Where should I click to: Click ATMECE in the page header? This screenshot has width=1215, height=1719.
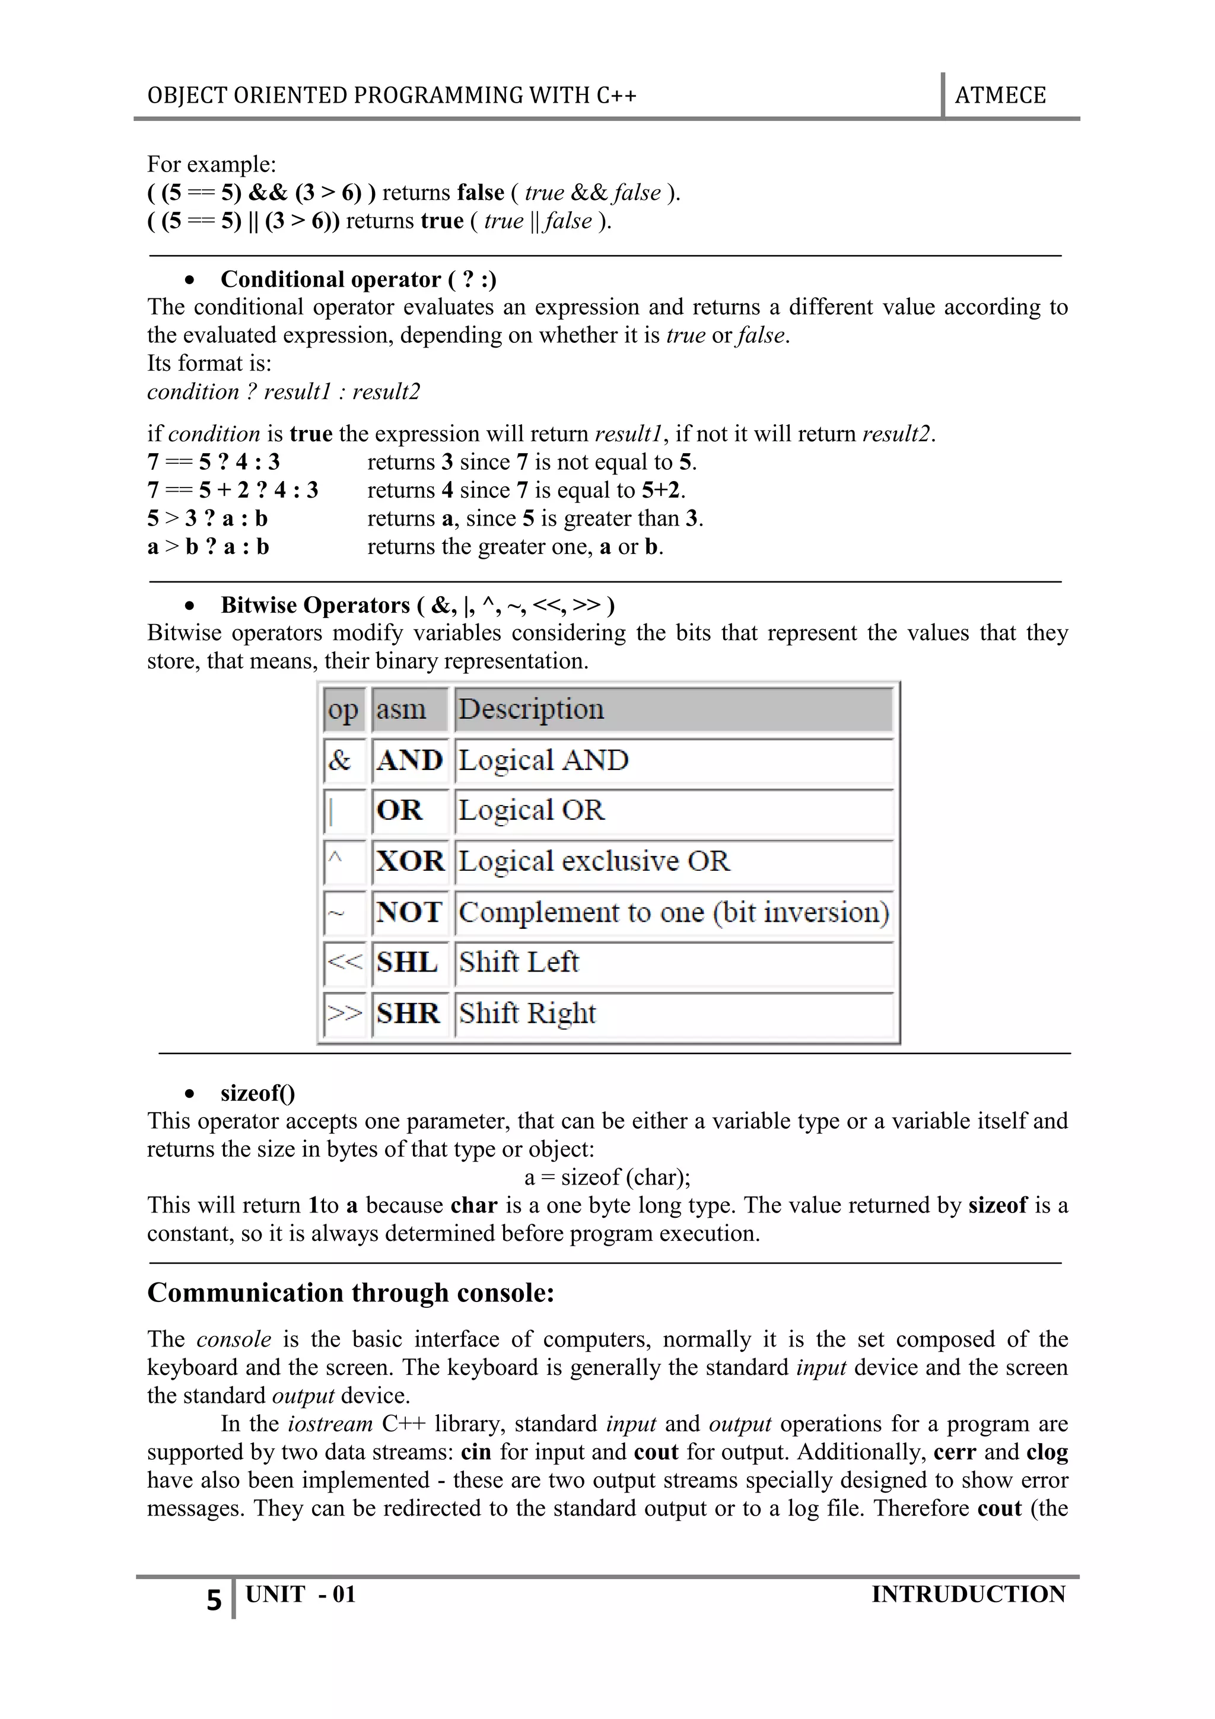[1000, 96]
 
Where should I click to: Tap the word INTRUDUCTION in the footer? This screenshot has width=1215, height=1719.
[968, 1594]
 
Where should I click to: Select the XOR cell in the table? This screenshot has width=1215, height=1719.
[410, 862]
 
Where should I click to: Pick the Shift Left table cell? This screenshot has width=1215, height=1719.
[519, 962]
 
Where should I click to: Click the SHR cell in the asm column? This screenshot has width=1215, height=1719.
[408, 1014]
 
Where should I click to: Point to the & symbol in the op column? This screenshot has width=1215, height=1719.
[339, 760]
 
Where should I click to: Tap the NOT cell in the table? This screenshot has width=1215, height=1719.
[409, 912]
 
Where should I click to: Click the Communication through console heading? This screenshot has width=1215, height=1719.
[351, 1293]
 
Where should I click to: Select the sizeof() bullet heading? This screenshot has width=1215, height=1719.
[257, 1093]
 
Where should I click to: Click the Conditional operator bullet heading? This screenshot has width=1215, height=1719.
[358, 279]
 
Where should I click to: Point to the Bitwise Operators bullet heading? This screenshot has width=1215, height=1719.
[417, 605]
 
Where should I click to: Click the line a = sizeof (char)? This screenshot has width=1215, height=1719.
[607, 1177]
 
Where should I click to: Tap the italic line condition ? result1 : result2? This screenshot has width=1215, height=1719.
[283, 391]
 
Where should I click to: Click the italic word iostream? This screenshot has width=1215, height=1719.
[329, 1424]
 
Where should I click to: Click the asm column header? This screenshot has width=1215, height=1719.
[401, 709]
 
